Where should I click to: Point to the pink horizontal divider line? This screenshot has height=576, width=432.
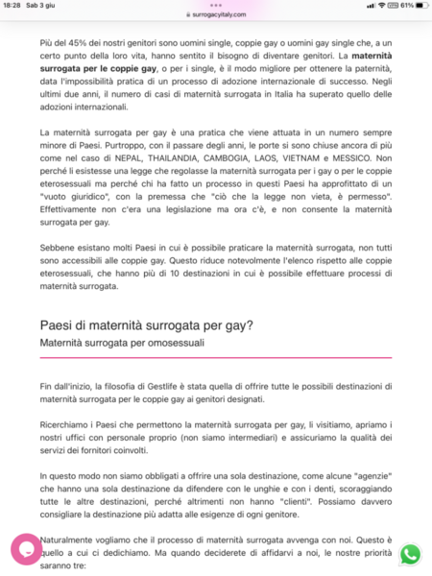click(x=216, y=357)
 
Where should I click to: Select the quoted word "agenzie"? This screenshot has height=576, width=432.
click(x=365, y=475)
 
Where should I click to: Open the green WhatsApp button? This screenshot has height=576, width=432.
click(x=411, y=554)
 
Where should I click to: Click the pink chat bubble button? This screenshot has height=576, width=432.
click(x=27, y=549)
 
